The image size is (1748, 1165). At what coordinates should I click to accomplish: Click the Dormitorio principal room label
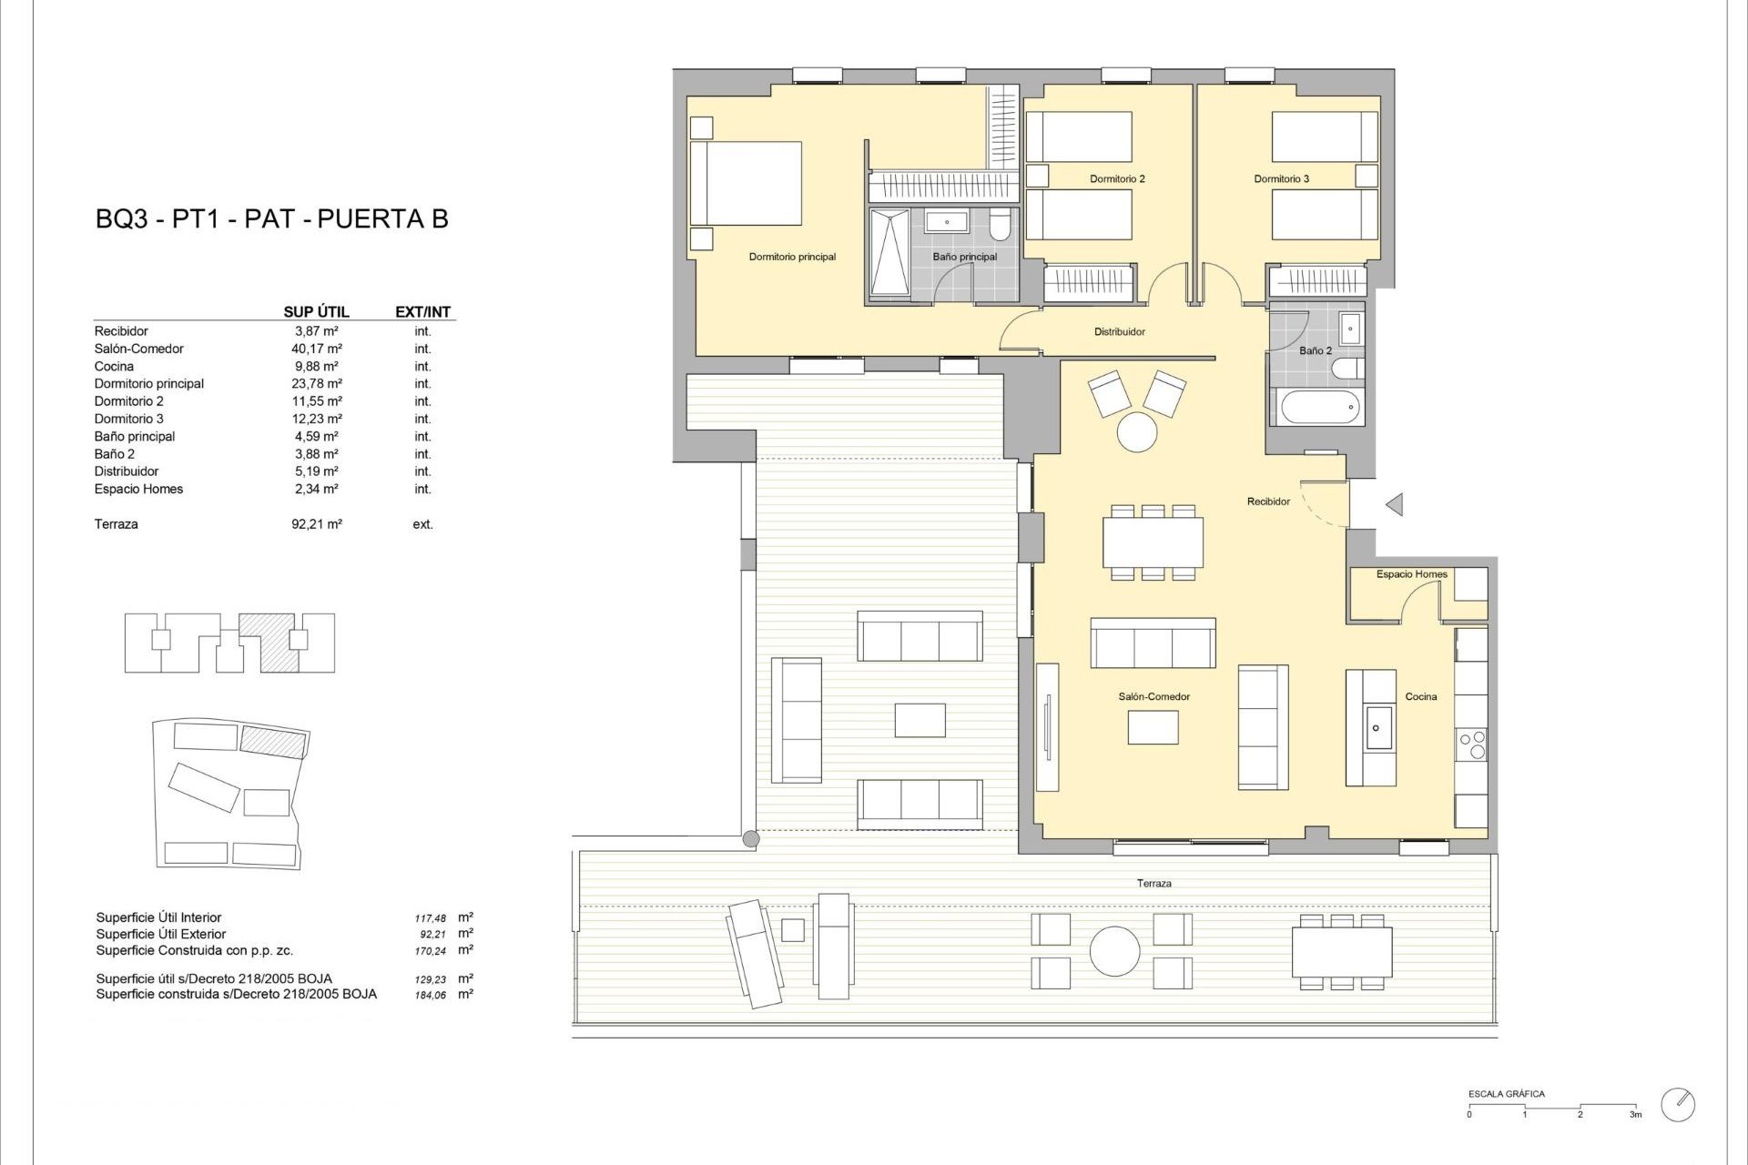pyautogui.click(x=792, y=257)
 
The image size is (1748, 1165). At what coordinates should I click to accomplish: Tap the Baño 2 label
pyautogui.click(x=1316, y=350)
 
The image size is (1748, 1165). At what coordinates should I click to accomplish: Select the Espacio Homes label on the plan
pyautogui.click(x=1411, y=574)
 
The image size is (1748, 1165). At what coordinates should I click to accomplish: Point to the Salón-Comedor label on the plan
pyautogui.click(x=1154, y=696)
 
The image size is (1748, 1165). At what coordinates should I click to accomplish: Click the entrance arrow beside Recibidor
pyautogui.click(x=1394, y=503)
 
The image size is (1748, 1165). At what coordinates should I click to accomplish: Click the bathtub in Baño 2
pyautogui.click(x=1320, y=407)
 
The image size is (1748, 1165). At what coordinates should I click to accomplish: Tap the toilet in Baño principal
pyautogui.click(x=1000, y=224)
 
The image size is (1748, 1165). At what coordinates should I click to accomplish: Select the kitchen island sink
pyautogui.click(x=1377, y=727)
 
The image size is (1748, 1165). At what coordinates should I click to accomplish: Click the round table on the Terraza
pyautogui.click(x=1114, y=952)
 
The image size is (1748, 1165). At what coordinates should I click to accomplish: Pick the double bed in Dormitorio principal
pyautogui.click(x=747, y=183)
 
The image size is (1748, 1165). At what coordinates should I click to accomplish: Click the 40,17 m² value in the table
pyautogui.click(x=316, y=349)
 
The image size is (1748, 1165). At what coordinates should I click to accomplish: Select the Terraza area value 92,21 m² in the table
pyautogui.click(x=316, y=524)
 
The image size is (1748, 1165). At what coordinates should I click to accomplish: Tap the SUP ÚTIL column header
pyautogui.click(x=316, y=311)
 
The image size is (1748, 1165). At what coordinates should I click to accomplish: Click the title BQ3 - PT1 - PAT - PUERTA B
pyautogui.click(x=272, y=218)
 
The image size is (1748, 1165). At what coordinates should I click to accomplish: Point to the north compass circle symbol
pyautogui.click(x=1677, y=1104)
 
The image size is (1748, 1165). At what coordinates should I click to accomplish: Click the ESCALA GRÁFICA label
pyautogui.click(x=1506, y=1094)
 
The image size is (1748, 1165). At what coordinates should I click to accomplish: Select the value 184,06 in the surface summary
pyautogui.click(x=431, y=996)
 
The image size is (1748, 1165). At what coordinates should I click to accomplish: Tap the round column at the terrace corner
pyautogui.click(x=750, y=839)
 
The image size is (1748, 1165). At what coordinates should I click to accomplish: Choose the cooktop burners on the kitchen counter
pyautogui.click(x=1471, y=745)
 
